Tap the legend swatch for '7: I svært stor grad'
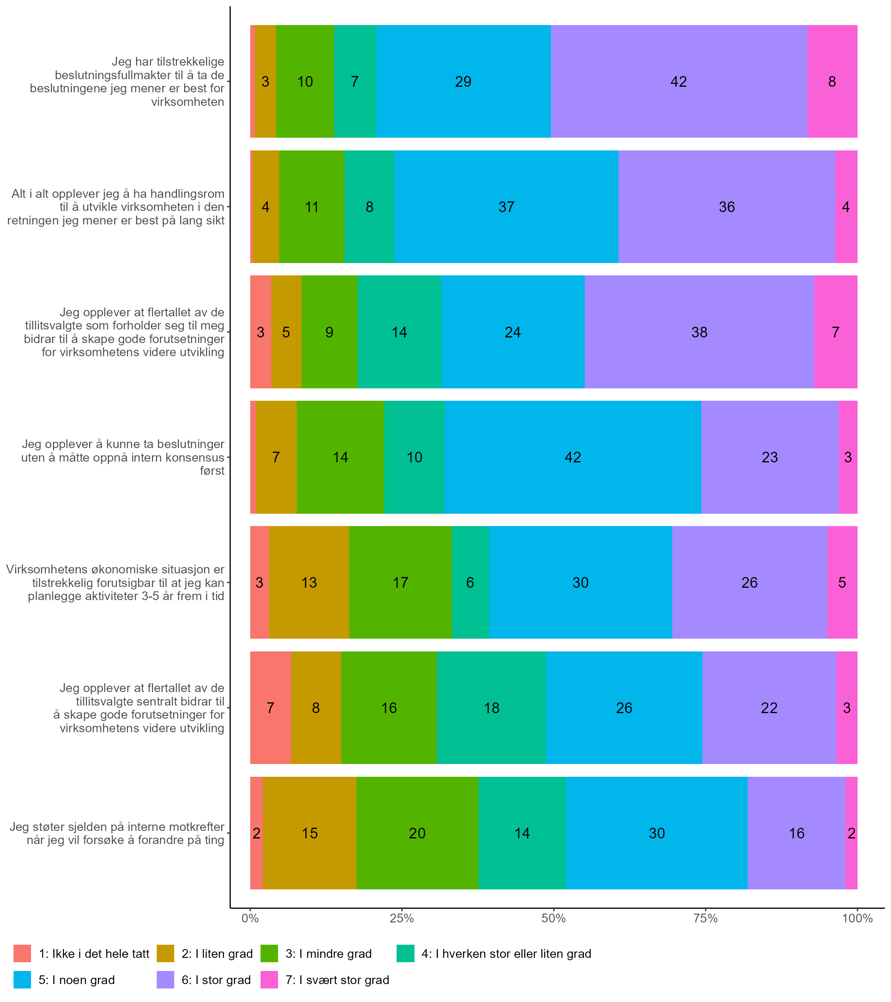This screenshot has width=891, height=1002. click(269, 980)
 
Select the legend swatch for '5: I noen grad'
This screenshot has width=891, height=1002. click(22, 980)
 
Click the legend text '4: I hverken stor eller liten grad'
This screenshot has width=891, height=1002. click(506, 953)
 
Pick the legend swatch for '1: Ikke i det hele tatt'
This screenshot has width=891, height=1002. click(22, 953)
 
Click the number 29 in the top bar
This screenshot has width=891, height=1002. click(463, 81)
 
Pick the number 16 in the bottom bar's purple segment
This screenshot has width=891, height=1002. click(796, 833)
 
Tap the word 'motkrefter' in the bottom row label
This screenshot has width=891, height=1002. click(196, 827)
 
